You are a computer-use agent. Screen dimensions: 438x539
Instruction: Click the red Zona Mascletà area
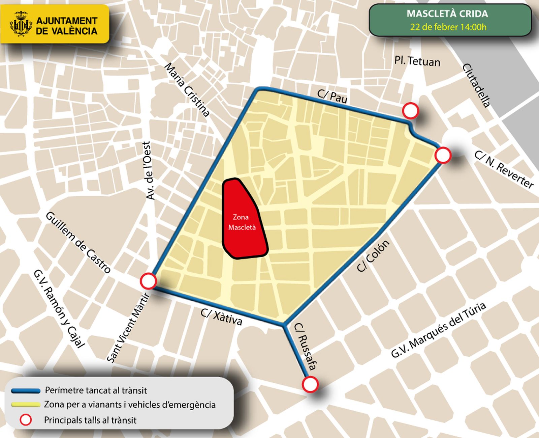[x=243, y=219]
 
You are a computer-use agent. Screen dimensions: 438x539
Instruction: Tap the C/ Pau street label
[x=332, y=97]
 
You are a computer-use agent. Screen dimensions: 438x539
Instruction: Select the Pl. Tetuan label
[x=417, y=61]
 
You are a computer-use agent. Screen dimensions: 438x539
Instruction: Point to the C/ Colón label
[x=373, y=256]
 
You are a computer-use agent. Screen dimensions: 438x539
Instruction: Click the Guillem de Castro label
[x=78, y=243]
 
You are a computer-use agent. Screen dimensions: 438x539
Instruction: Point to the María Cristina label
[x=187, y=90]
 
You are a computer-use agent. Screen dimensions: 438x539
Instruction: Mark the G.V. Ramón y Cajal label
[x=59, y=308]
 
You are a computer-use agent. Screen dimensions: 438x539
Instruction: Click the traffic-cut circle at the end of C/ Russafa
[x=310, y=384]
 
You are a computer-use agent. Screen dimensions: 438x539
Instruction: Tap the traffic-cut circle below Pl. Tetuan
[x=410, y=111]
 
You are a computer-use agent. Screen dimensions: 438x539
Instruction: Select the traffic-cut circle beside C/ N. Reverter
[x=443, y=156]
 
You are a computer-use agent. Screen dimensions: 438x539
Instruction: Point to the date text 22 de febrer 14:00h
[x=448, y=27]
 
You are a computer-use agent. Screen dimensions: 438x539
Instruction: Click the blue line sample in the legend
[x=26, y=391]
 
